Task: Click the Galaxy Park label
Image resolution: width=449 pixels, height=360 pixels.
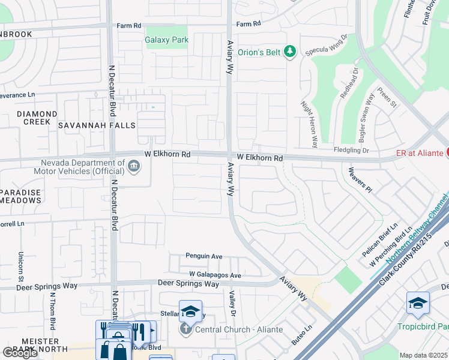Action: [x=166, y=40]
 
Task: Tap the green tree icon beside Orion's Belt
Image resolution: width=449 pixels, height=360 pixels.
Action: [x=291, y=52]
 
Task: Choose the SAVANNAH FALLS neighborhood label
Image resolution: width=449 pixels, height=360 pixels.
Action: [x=97, y=125]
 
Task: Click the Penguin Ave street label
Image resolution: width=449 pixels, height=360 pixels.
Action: [x=204, y=256]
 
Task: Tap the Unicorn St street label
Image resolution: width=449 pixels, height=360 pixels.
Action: [x=20, y=268]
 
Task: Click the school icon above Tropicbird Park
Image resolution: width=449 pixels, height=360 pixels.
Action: [x=418, y=304]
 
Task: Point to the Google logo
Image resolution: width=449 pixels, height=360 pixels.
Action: [x=20, y=352]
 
